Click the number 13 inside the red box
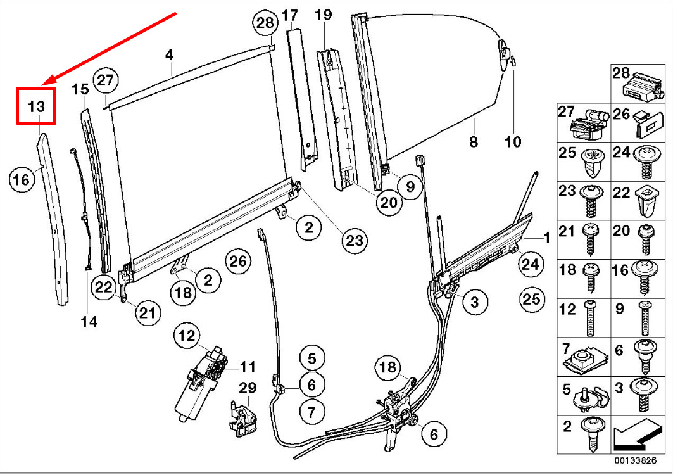point(37,106)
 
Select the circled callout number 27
point(106,81)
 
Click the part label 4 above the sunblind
point(169,56)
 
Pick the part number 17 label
point(289,15)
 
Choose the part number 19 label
point(323,15)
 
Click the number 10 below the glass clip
point(513,142)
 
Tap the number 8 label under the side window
point(474,142)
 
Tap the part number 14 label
point(89,322)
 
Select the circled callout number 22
point(103,287)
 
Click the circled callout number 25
point(532,298)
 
